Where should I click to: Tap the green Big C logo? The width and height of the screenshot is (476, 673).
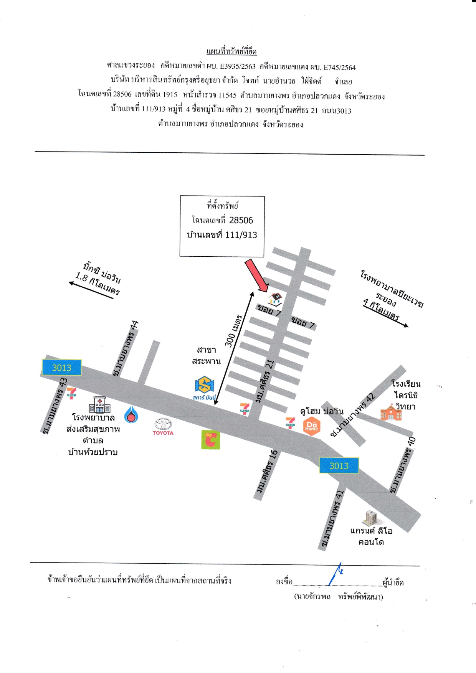pos(211,440)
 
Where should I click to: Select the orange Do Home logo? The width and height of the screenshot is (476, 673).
pos(312,426)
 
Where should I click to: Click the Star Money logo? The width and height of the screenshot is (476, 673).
pos(204,388)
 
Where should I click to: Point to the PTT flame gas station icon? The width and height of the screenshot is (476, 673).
pos(131,415)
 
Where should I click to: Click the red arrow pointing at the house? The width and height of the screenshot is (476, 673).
pos(256,275)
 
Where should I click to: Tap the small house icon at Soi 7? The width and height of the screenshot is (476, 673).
pos(275,298)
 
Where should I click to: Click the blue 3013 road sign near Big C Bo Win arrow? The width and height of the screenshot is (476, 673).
pos(62,368)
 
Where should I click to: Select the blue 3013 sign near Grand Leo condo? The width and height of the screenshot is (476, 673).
pos(339,466)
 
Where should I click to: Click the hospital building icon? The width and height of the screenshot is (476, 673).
pos(99,404)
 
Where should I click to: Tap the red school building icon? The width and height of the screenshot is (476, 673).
pos(391,412)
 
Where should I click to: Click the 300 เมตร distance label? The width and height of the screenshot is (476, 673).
pos(233,331)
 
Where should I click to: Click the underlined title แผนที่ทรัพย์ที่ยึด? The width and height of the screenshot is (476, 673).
pos(231,51)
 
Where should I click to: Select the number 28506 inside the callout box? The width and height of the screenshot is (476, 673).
pos(241,220)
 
